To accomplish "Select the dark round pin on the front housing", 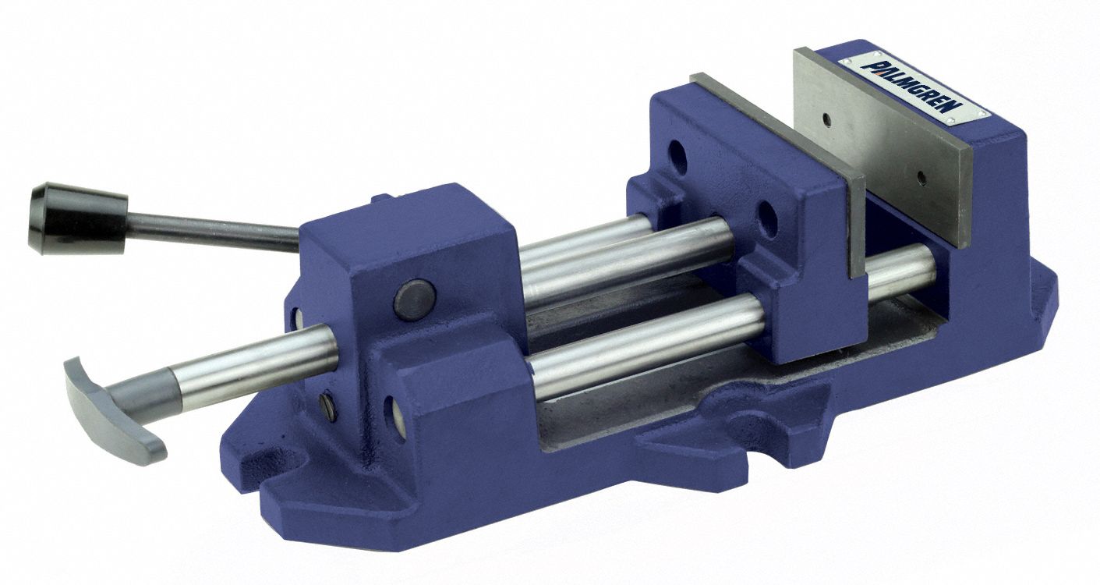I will pos(413,300).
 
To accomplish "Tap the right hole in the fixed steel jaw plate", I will pos(922,177).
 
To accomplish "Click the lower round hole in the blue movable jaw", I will pos(768,221).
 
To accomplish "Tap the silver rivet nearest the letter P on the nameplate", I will pos(848,60).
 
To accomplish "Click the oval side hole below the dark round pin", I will pos(393,420).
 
